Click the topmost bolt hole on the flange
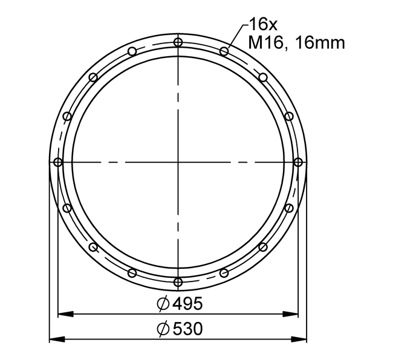click(x=178, y=42)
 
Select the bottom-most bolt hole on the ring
click(x=178, y=282)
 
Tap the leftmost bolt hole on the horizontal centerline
click(x=58, y=162)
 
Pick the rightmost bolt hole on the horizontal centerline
click(x=298, y=162)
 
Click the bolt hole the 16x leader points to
click(x=224, y=51)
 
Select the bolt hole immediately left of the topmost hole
click(x=132, y=51)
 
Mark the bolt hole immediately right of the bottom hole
click(x=224, y=273)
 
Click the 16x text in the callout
click(x=262, y=25)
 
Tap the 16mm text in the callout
click(x=320, y=43)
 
